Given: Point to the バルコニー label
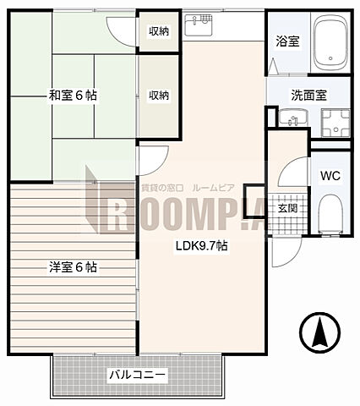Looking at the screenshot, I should pyautogui.click(x=136, y=373).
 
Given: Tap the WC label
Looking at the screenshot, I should pyautogui.click(x=330, y=178).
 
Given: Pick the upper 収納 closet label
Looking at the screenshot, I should pyautogui.click(x=159, y=32).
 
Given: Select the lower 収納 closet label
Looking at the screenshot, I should pyautogui.click(x=159, y=95).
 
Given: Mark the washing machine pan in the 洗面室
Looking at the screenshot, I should pyautogui.click(x=335, y=125).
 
